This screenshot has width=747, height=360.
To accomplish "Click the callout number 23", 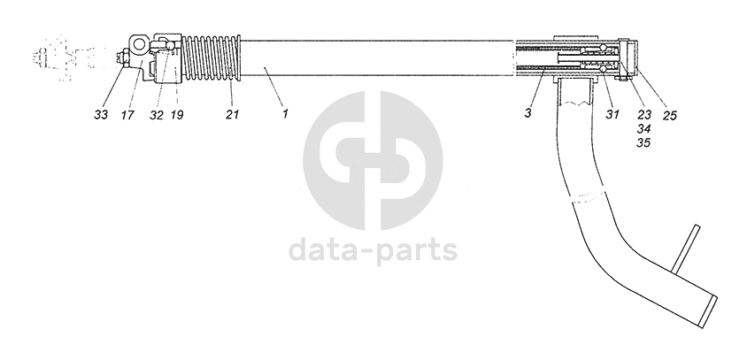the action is [643, 113].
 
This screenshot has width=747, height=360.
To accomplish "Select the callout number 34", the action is [643, 128].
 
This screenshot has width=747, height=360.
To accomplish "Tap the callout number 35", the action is [643, 142].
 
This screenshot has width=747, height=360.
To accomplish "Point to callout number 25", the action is [668, 113].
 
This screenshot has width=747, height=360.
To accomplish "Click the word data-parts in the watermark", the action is [373, 250].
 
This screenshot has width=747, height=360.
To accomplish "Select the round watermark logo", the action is [373, 160].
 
